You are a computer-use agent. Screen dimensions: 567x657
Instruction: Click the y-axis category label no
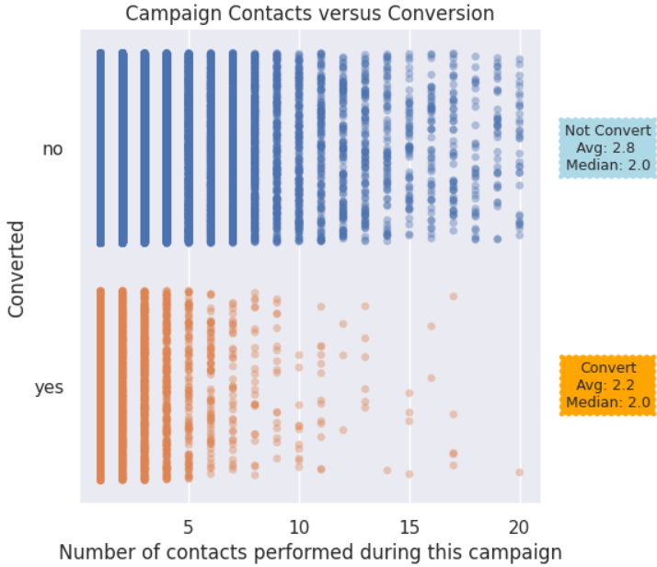click(x=53, y=148)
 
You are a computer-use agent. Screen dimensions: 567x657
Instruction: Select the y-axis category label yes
click(x=49, y=388)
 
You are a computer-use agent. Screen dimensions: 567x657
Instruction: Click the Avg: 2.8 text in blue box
click(x=606, y=147)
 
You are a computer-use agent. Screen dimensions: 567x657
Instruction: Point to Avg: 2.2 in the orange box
click(x=606, y=385)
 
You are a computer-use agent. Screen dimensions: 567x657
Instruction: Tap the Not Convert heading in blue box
click(x=608, y=130)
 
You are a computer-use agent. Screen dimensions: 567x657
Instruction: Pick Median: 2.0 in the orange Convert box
click(x=608, y=402)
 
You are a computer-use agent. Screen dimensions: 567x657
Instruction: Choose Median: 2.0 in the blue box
click(x=608, y=165)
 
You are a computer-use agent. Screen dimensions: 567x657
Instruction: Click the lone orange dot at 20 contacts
click(x=519, y=471)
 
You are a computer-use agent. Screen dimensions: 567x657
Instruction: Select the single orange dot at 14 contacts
click(x=387, y=470)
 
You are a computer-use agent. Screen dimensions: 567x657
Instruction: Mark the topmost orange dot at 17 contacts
click(x=454, y=295)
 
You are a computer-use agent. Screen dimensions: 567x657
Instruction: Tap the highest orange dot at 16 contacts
click(x=431, y=326)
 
